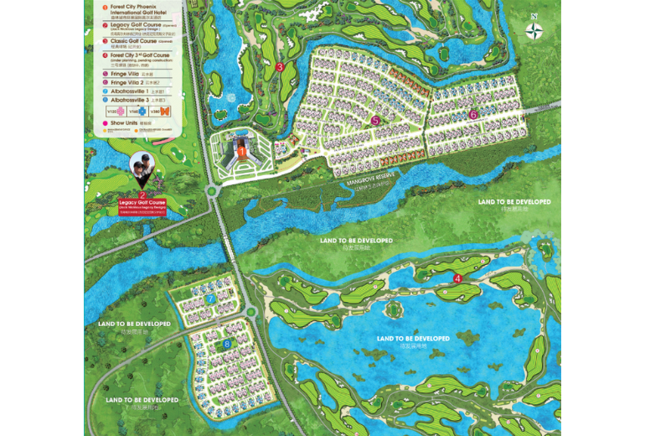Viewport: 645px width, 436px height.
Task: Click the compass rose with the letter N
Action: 534,31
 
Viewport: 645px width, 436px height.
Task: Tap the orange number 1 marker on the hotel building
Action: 242,152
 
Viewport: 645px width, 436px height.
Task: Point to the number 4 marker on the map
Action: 457,278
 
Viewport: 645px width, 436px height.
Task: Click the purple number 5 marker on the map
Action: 376,121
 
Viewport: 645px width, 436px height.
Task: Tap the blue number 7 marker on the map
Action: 211,298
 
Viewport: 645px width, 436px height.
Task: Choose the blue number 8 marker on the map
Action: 227,344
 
